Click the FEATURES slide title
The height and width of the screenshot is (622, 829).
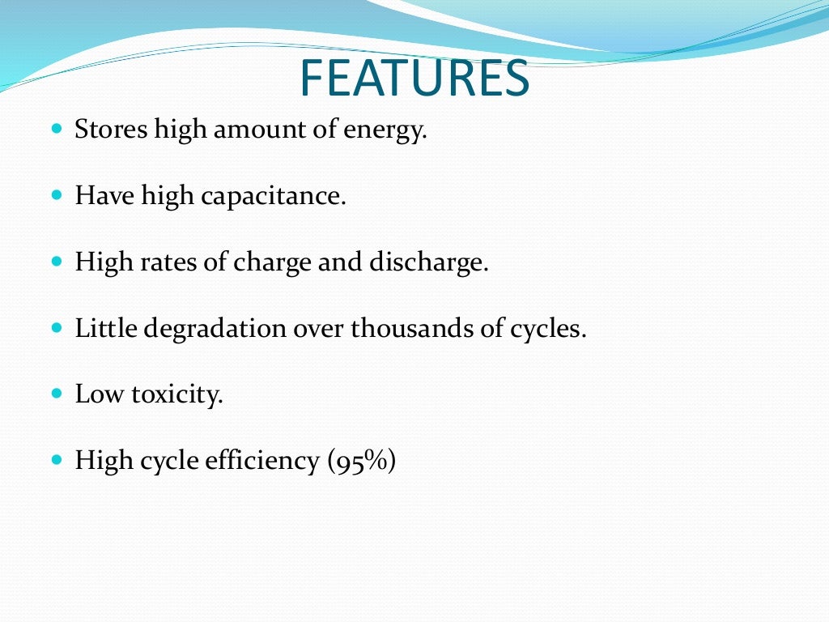coord(414,78)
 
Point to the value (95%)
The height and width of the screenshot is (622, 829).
coord(362,462)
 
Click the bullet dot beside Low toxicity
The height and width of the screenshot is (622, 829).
coord(56,394)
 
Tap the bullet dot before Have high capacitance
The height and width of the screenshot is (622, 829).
coord(56,195)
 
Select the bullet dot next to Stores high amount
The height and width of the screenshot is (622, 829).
coord(56,129)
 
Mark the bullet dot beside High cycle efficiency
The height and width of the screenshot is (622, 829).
coord(56,461)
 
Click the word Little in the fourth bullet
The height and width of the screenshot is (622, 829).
coord(97,328)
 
